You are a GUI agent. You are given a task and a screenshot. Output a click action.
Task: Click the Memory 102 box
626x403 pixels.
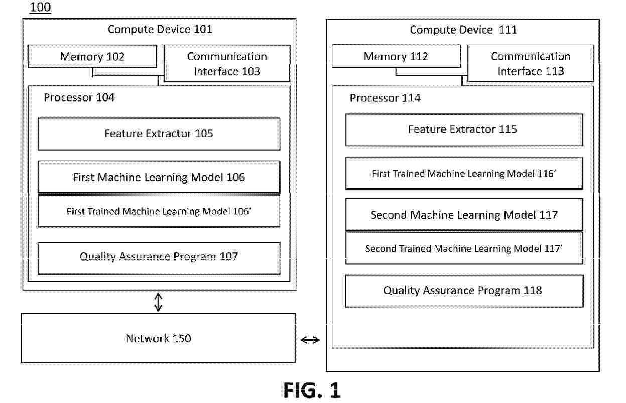pos(92,56)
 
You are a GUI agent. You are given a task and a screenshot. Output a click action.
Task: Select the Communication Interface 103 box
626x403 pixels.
pos(227,63)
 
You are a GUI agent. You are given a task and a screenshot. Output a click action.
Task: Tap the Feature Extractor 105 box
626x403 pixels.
pos(159,134)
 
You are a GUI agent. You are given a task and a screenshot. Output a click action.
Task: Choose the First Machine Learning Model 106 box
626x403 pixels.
pos(159,177)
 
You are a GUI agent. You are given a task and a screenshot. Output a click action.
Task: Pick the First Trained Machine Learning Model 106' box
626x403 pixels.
pos(159,211)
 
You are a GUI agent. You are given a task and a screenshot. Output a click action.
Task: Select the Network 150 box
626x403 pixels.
pos(159,338)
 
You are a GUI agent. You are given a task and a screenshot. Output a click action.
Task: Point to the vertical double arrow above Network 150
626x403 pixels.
pos(159,302)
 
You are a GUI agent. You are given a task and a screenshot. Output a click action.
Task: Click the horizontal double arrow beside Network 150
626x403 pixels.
pos(310,340)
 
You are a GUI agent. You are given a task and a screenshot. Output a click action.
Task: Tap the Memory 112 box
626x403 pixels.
pos(396,56)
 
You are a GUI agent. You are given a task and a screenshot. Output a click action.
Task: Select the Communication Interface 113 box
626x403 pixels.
pos(531,63)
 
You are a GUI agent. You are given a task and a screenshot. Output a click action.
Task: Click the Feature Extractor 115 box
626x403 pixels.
pos(464,129)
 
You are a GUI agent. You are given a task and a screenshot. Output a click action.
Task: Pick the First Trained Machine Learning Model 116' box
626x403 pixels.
pos(464,173)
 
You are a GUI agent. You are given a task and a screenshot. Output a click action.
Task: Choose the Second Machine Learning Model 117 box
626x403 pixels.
pos(464,214)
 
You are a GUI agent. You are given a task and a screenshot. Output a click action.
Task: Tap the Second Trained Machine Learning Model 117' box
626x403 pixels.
pos(464,248)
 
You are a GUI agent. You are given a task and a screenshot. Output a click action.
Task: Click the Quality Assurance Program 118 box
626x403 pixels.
pos(464,291)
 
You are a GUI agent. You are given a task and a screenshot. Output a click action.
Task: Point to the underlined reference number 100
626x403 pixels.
pos(40,7)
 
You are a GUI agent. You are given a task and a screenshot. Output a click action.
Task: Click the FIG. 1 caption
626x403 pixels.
pos(312,390)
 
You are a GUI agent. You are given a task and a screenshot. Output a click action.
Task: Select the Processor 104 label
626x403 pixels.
pos(79,97)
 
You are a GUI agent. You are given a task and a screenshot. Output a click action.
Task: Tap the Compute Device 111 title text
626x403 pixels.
pos(463,30)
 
